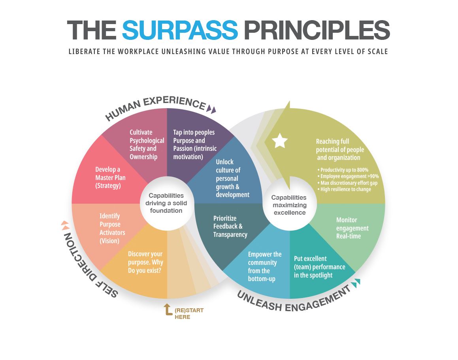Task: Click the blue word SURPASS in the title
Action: point(180,30)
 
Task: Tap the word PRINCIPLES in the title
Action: point(317,30)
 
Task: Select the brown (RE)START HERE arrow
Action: point(168,309)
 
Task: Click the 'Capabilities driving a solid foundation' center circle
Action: point(166,203)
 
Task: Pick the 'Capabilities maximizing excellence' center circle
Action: point(290,205)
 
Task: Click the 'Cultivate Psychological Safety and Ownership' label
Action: point(147,144)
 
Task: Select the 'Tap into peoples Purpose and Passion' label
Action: point(195,144)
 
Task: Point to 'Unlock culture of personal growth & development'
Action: point(232,178)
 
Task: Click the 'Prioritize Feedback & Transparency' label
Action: point(230,227)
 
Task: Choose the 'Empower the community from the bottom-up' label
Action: point(265,267)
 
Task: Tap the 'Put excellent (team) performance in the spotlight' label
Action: point(319,267)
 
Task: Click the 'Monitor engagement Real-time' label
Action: point(352,228)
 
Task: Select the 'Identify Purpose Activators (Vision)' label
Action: point(112,229)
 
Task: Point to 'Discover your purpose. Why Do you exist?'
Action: point(145,262)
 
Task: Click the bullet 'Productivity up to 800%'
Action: point(343,170)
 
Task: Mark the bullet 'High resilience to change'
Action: point(344,189)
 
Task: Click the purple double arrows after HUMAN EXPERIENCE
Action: point(211,109)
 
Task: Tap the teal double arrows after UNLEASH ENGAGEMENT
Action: point(356,282)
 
